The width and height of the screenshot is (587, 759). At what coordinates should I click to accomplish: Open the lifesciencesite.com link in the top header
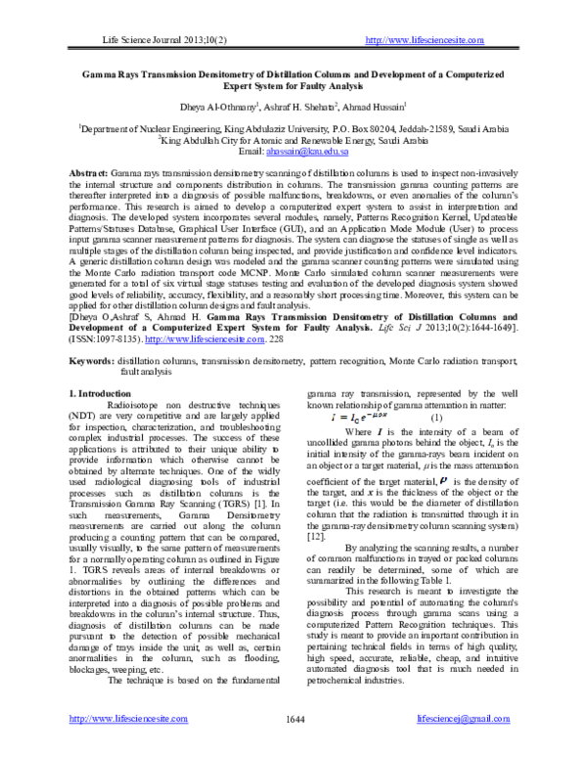pyautogui.click(x=424, y=39)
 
